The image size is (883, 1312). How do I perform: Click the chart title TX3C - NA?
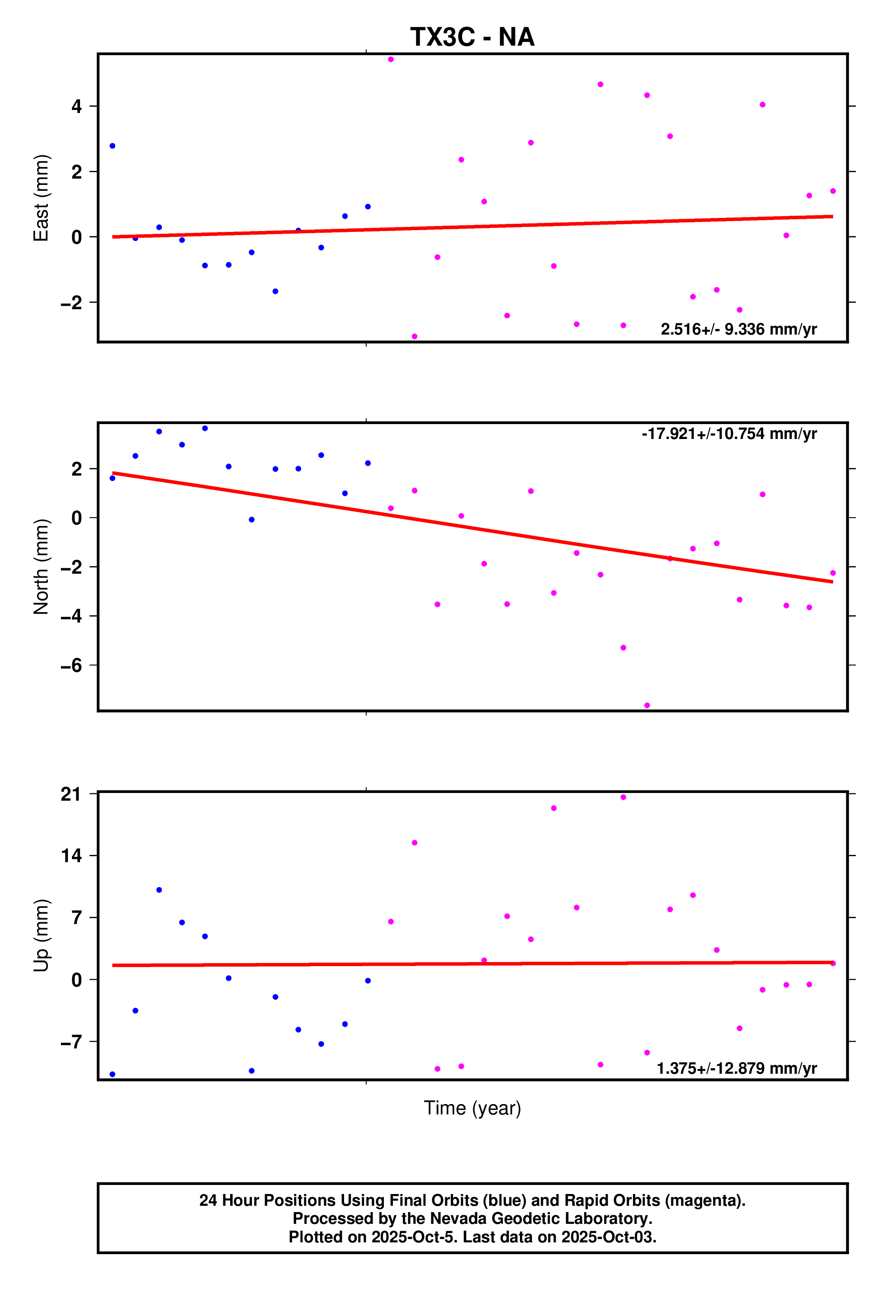pos(472,37)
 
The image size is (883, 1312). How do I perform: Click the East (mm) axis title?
pos(41,198)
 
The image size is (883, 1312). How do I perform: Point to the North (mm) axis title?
pos(41,566)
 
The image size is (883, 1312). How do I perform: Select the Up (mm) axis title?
pos(41,935)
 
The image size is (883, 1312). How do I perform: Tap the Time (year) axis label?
pos(472,1108)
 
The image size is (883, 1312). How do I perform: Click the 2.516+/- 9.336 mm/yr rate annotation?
pos(738,330)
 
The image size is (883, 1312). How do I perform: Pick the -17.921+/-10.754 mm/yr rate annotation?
pos(729,434)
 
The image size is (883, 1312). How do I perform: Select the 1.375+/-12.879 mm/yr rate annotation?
pos(737,1068)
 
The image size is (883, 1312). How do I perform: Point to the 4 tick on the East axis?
pos(76,106)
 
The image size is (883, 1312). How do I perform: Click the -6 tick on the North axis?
pos(71,665)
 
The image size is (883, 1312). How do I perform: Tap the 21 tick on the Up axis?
pos(71,794)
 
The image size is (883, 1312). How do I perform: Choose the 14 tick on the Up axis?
pos(71,856)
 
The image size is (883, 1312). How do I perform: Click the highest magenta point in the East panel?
pos(391,60)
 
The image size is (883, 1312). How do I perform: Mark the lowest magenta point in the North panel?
pos(647,706)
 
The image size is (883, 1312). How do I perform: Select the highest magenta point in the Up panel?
pos(623,798)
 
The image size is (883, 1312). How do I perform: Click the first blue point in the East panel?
pos(113,146)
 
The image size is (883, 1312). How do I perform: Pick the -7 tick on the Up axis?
pos(71,1042)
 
